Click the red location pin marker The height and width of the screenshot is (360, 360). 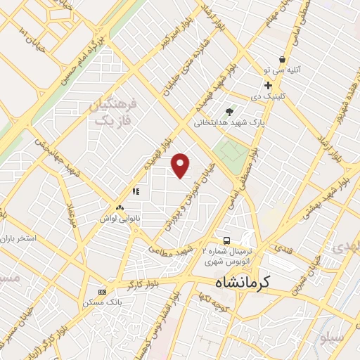coord(181,165)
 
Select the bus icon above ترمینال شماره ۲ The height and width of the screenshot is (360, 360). coord(226,240)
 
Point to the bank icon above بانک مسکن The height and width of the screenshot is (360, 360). coord(103,291)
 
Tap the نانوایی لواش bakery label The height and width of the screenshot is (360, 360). coord(120,219)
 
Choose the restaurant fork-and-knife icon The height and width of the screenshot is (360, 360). coord(136,191)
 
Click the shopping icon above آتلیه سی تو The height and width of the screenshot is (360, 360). coord(282,60)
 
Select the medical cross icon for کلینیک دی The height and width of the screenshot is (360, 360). coord(268,85)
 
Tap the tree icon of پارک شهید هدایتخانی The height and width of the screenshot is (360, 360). coord(229,111)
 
